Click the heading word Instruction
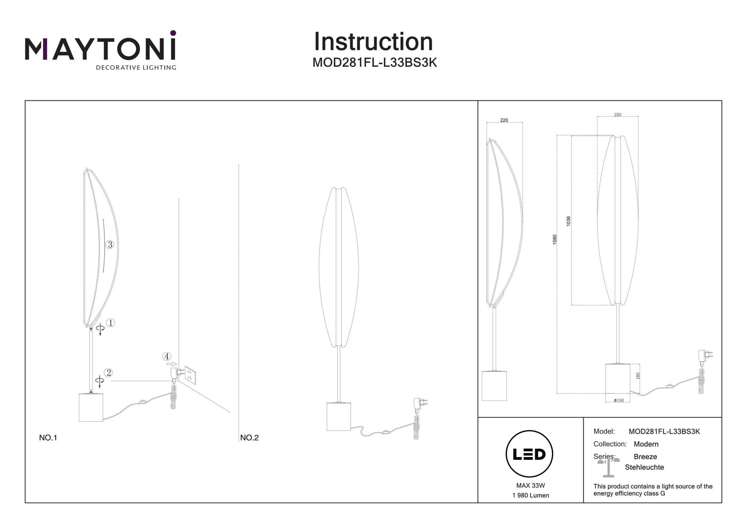(373, 42)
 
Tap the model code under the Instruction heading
(374, 63)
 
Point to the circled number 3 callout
(110, 245)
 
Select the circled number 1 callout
(111, 323)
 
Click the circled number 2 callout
(108, 373)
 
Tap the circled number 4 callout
(167, 356)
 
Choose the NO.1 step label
(48, 438)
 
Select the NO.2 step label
(249, 438)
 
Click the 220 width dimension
(504, 120)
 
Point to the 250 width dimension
(617, 115)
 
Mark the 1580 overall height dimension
(555, 240)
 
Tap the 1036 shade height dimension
(568, 221)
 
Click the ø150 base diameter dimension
(619, 401)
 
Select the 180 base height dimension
(638, 376)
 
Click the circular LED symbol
(529, 454)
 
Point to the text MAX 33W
(531, 486)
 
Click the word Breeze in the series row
(645, 457)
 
